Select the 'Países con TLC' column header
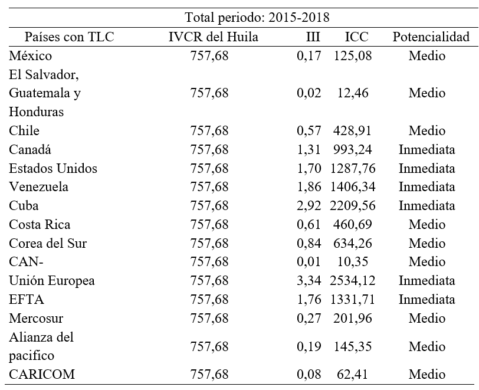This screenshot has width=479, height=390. point(69,37)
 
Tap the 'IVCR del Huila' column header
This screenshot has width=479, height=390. point(213,37)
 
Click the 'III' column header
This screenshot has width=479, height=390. point(313,37)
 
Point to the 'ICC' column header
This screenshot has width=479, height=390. point(356,37)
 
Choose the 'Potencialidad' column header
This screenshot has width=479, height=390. point(431,37)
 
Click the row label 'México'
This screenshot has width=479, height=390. point(31,56)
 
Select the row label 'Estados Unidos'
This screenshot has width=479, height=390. point(53,168)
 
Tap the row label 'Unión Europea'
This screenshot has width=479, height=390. point(52,281)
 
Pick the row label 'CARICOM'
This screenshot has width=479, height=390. point(41,374)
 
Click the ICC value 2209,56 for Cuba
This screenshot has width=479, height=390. point(354,206)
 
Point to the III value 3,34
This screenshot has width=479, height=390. point(310,281)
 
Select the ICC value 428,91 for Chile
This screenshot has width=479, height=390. point(354,131)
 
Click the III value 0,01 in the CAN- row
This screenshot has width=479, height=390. point(310,262)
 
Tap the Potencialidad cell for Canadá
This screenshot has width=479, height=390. point(426,150)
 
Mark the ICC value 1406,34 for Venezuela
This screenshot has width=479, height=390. point(354,187)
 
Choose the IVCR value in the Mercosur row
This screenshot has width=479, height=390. point(209,318)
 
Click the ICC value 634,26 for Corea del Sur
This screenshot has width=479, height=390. point(354,243)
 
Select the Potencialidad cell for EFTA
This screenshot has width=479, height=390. point(426,299)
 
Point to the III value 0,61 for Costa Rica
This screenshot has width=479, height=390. point(310,225)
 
